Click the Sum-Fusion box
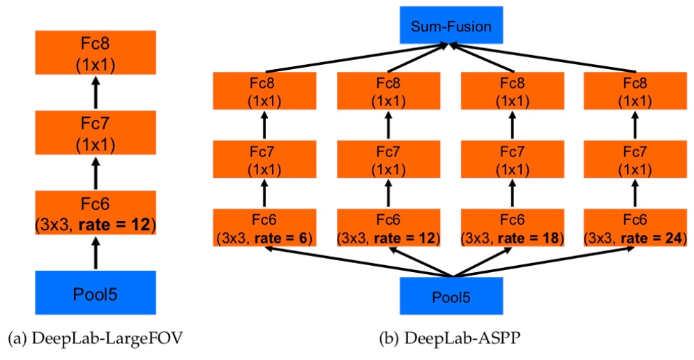click(451, 27)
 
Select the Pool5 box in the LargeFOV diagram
click(96, 294)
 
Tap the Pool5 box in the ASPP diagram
click(451, 296)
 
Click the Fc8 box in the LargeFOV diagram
click(96, 54)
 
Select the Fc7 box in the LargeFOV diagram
click(96, 134)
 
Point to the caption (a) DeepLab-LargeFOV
click(97, 340)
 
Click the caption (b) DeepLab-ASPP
click(450, 340)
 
